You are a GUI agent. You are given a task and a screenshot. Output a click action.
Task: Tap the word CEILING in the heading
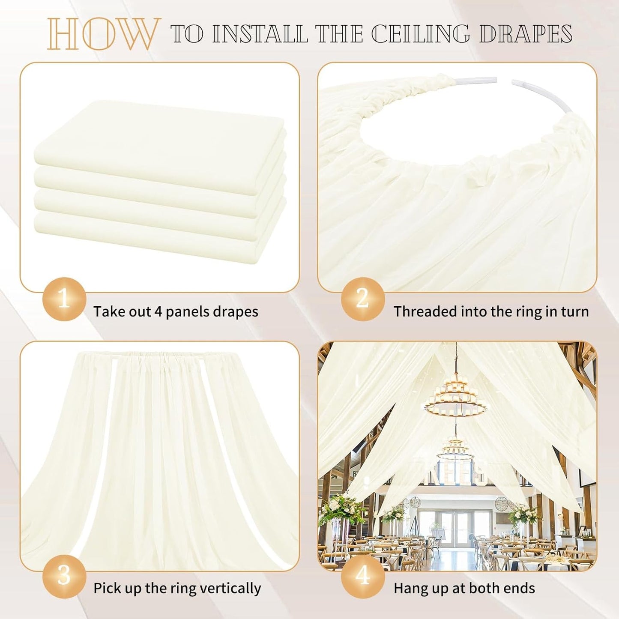pos(420,34)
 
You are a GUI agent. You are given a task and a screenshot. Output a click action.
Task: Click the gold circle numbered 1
pos(64,299)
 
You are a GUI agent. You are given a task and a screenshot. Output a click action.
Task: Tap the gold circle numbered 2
pos(362,299)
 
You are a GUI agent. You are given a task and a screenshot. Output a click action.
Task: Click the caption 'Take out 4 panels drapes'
pos(176,311)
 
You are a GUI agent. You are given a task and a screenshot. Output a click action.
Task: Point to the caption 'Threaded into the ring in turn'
pos(491,311)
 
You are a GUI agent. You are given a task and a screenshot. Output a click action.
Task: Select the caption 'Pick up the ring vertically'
pos(177,588)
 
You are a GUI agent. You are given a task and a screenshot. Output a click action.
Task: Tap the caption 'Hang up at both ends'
pos(464,588)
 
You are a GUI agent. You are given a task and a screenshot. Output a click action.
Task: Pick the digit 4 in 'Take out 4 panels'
pos(158,312)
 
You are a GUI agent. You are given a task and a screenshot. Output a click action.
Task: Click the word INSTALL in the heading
pos(260,34)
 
